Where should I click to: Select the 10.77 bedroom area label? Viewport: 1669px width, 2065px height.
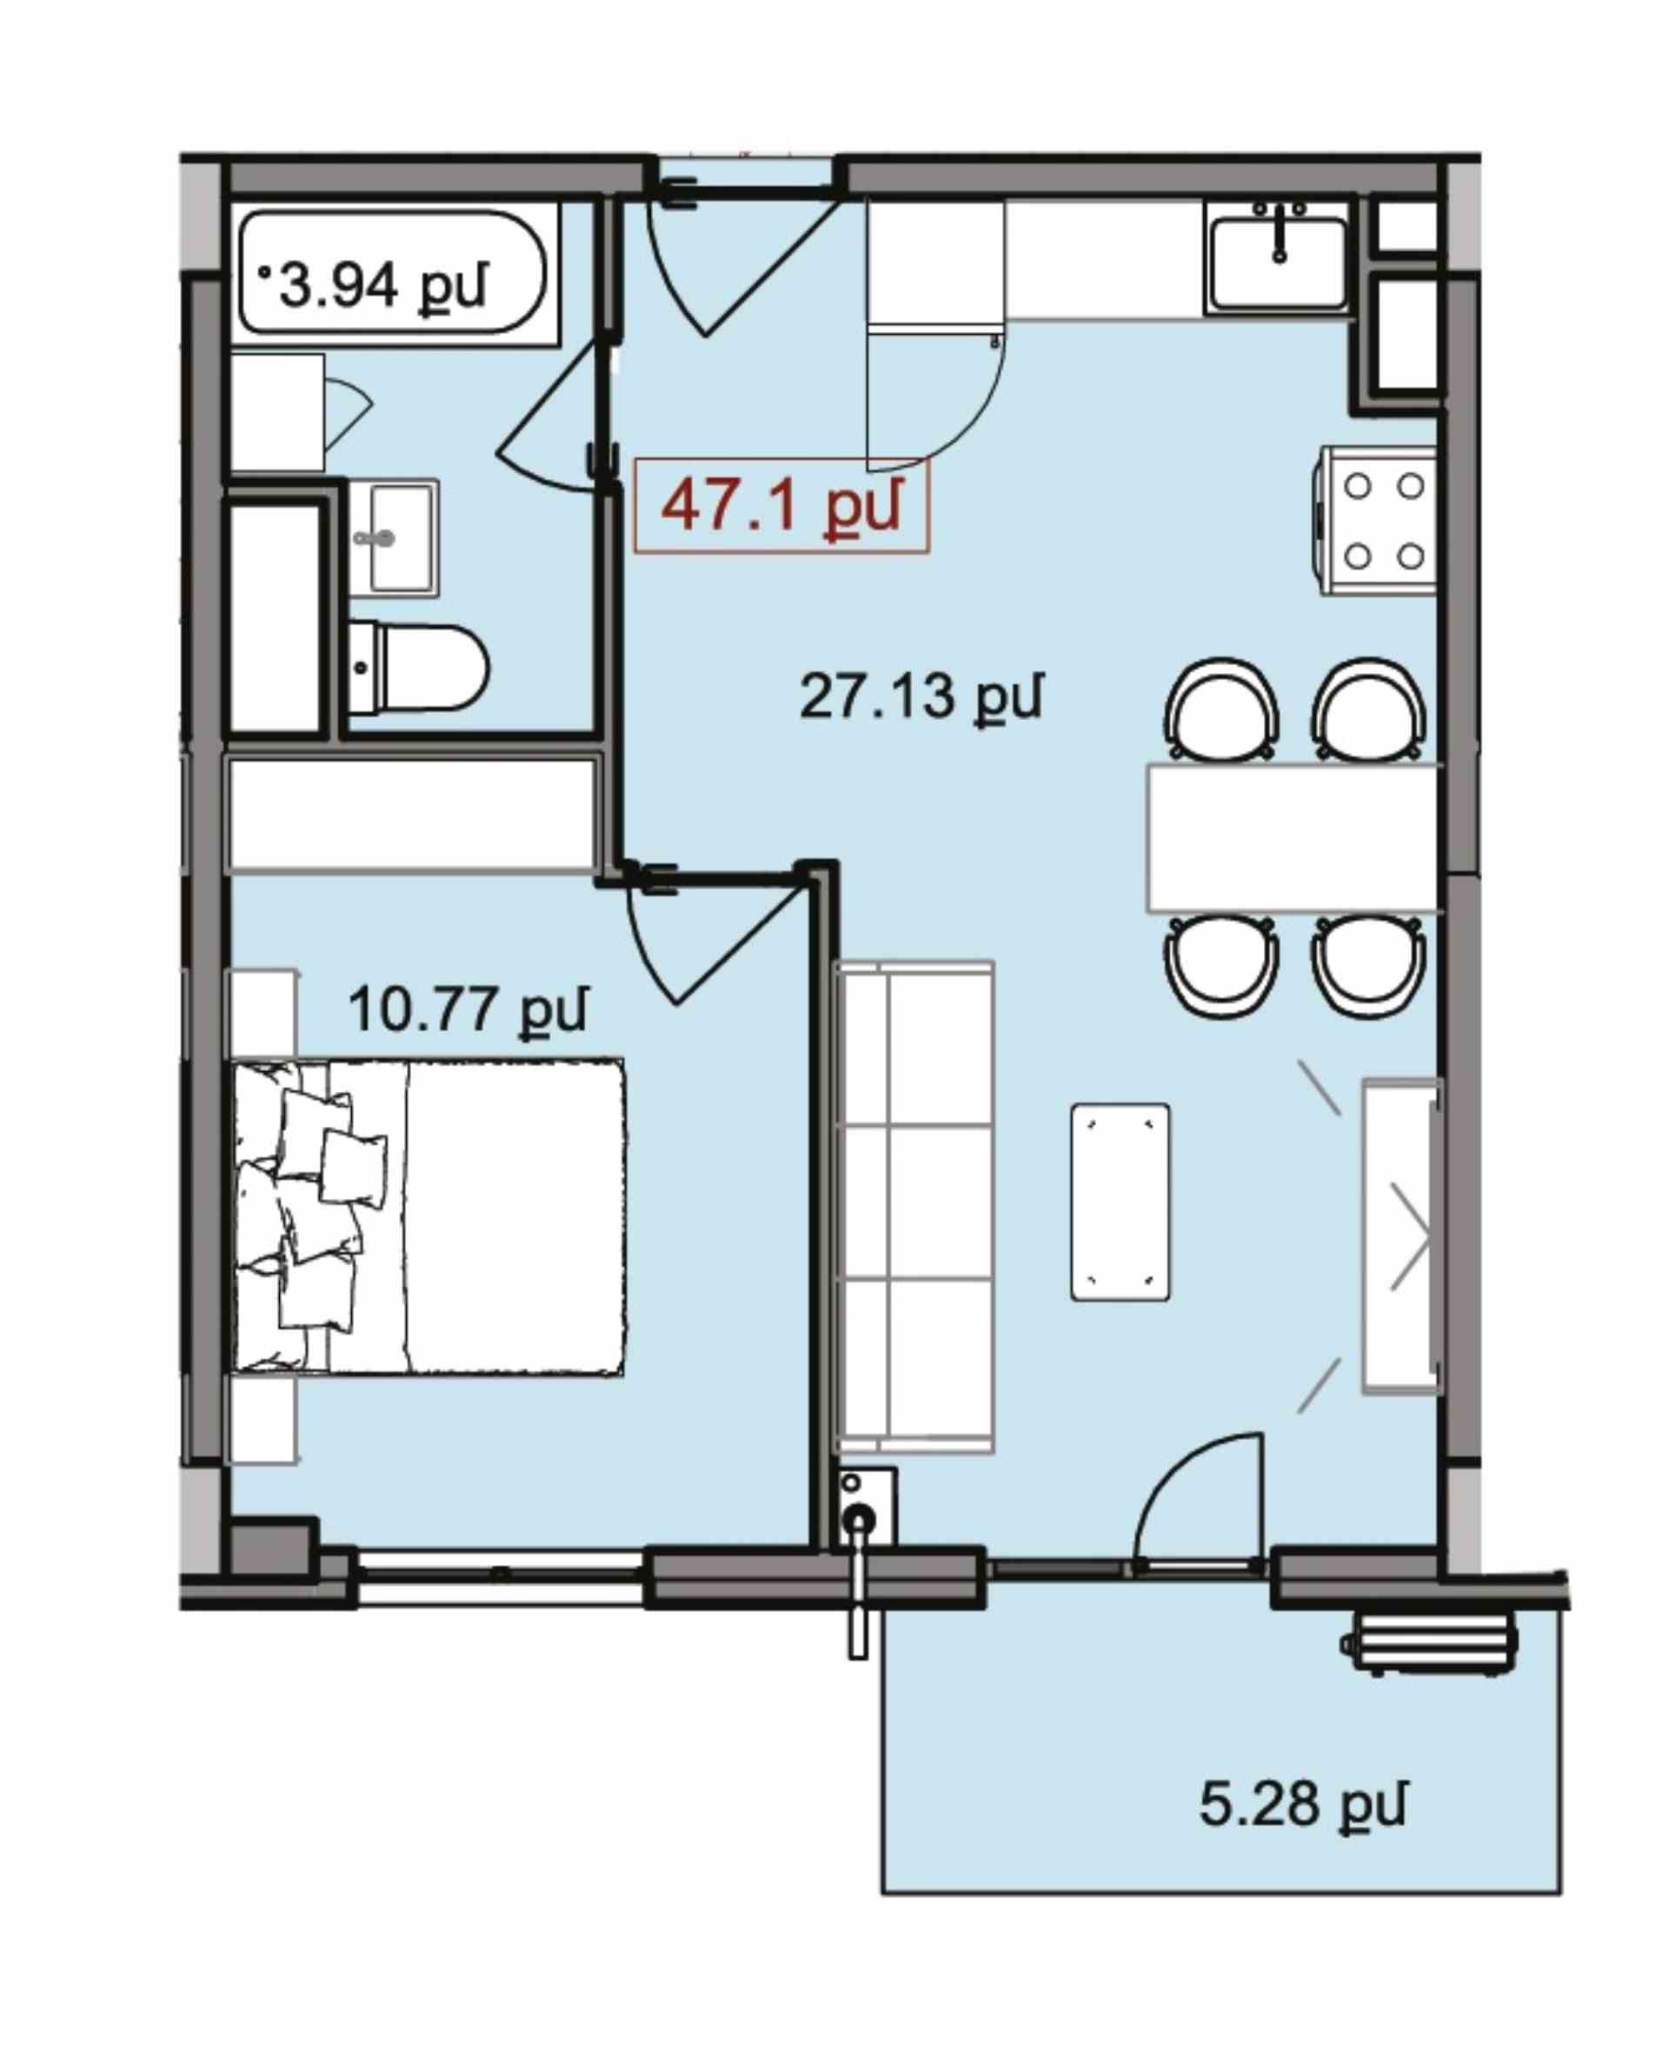(468, 1010)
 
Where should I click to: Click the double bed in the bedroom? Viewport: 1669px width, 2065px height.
(429, 1217)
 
